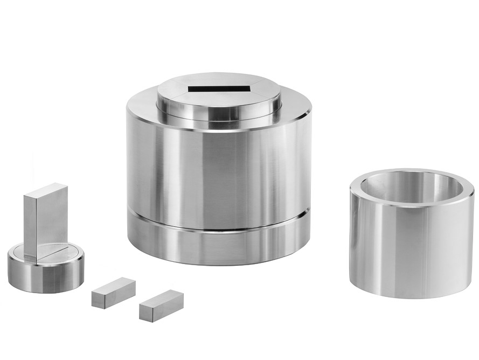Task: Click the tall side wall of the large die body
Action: click(x=216, y=172)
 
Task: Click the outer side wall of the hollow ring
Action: click(x=409, y=248)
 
